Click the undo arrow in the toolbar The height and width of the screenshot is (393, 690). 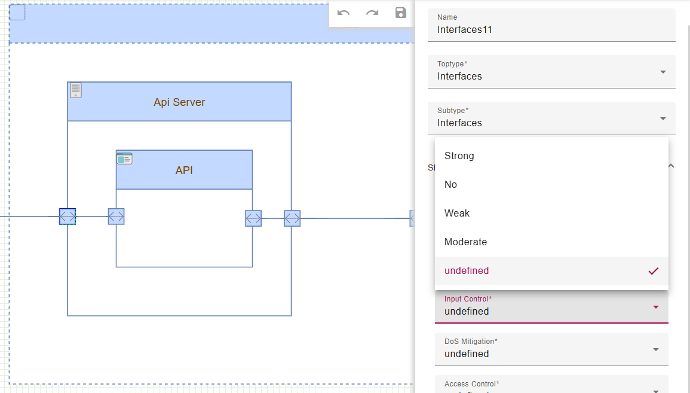pyautogui.click(x=344, y=13)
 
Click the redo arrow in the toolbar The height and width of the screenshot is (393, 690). pyautogui.click(x=372, y=13)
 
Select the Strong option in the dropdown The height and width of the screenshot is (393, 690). pyautogui.click(x=459, y=156)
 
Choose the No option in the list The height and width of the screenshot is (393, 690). pyautogui.click(x=451, y=184)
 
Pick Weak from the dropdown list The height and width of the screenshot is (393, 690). pyautogui.click(x=457, y=213)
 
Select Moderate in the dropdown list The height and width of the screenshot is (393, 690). pyautogui.click(x=466, y=242)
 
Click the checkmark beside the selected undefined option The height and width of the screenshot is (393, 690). pyautogui.click(x=654, y=271)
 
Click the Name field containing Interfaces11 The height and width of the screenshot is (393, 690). pyautogui.click(x=551, y=29)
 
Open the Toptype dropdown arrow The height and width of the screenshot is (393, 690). pyautogui.click(x=663, y=72)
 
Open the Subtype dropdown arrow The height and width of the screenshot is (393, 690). pyautogui.click(x=663, y=118)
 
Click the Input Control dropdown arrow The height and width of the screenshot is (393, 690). pyautogui.click(x=655, y=307)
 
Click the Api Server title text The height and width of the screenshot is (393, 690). pyautogui.click(x=179, y=102)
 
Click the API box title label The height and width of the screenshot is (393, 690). pyautogui.click(x=184, y=170)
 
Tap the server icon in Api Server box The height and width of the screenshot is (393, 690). pyautogui.click(x=76, y=90)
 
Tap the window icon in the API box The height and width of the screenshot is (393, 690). pyautogui.click(x=124, y=159)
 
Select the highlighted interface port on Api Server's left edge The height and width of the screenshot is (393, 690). pyautogui.click(x=68, y=217)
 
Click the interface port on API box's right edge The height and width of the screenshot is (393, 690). pyautogui.click(x=253, y=218)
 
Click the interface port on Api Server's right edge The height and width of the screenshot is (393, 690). pyautogui.click(x=292, y=218)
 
